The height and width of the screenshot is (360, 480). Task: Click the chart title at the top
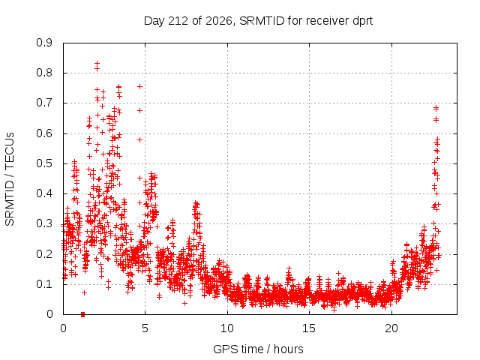point(258,21)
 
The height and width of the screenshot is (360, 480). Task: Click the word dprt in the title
point(363,22)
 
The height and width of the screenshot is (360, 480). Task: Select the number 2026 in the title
point(219,21)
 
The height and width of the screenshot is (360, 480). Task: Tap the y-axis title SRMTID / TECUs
point(10,179)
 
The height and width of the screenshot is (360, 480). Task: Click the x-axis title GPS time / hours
point(258,349)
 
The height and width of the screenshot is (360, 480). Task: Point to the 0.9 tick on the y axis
point(44,43)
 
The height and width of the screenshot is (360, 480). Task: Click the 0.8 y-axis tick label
point(44,73)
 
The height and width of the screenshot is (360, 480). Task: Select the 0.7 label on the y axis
point(44,103)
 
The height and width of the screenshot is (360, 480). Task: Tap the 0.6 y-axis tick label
point(44,133)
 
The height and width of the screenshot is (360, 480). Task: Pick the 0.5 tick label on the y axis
point(44,163)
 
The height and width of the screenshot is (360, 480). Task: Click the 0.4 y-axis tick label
point(44,193)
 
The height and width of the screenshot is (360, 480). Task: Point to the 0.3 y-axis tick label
point(44,223)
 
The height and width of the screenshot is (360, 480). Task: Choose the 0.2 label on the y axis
point(44,253)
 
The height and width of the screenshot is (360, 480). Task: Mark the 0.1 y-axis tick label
point(44,283)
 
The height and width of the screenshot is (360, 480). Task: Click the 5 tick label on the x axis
point(145,328)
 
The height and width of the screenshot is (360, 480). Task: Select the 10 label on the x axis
point(227,328)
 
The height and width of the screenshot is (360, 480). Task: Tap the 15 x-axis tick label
point(309,328)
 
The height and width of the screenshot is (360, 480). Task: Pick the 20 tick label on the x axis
point(391,328)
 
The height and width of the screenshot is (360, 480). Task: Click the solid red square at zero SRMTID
point(82,314)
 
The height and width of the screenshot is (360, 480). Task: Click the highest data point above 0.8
point(97,63)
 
